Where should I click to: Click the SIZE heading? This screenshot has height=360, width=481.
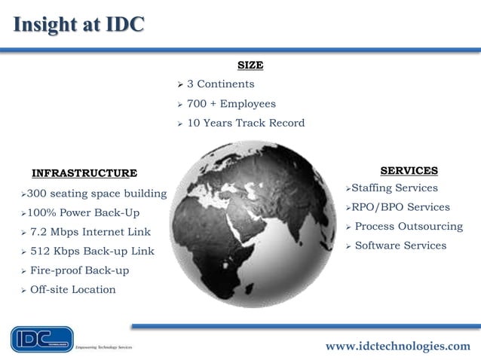pos(250,66)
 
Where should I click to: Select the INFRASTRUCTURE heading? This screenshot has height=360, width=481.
pos(84,173)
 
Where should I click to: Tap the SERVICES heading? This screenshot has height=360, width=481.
pos(409,171)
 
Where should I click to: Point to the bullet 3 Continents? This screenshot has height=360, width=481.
pos(220,84)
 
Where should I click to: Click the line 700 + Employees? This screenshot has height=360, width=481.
pos(231,104)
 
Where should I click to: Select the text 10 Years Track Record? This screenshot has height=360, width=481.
pos(245,123)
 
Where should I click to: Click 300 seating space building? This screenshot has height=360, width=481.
pos(97,194)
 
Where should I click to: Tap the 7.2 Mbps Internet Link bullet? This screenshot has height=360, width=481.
pos(90,232)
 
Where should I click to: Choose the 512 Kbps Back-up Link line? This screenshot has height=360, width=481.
pos(92,251)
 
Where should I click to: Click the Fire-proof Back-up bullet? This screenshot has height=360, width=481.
pos(79,270)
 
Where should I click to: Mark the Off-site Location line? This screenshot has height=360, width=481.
pos(72,289)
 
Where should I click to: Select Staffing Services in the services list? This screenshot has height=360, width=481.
pos(394,188)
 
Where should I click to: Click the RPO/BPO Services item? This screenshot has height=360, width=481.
pos(400,207)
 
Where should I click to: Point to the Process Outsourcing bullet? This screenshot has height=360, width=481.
pos(409,226)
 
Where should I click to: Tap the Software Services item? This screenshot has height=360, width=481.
pos(400,246)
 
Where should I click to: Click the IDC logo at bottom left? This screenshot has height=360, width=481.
pos(42,339)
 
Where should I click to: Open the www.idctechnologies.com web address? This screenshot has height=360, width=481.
pos(397,346)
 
